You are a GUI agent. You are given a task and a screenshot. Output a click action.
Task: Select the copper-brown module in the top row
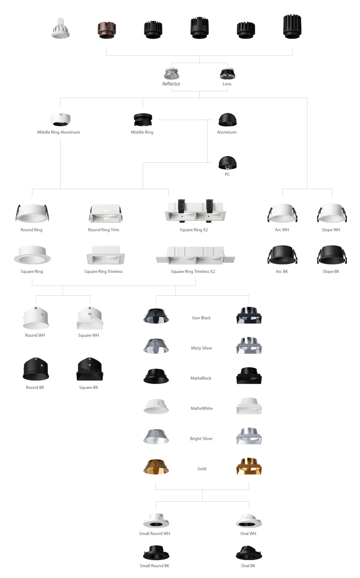[106, 30]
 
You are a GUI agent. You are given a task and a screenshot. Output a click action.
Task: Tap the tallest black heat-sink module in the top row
[292, 27]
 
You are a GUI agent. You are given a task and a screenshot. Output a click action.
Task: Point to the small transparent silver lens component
[172, 75]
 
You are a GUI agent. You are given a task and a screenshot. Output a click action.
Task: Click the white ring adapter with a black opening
[60, 122]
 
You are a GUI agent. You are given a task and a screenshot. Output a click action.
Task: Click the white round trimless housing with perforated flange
[32, 255]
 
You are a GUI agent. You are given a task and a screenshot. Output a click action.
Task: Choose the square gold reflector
[249, 467]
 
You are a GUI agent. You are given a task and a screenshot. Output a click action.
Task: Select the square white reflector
[249, 406]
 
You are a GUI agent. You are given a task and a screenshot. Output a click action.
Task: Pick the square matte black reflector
[249, 376]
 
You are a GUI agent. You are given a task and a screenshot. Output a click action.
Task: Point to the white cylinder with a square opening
[90, 320]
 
